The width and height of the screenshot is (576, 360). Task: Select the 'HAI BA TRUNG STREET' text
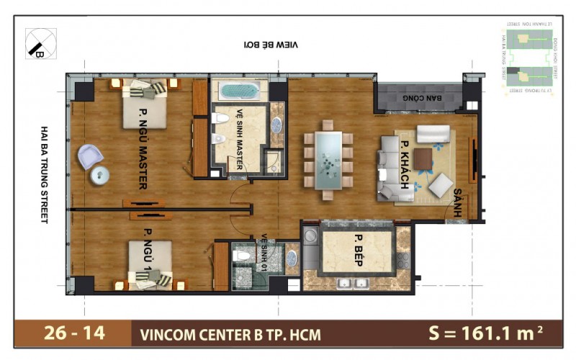point(44,174)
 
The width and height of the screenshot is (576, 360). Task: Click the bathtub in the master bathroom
point(238,91)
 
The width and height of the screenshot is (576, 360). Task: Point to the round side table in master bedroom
point(100,174)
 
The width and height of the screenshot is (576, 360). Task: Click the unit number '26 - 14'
point(73,333)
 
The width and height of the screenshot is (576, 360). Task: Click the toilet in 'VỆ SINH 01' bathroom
point(243,256)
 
